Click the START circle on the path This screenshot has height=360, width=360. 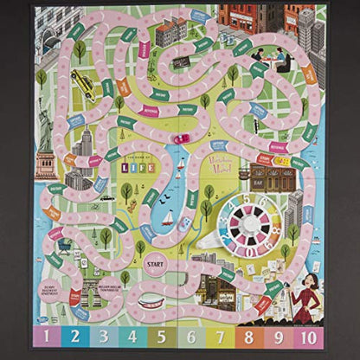tap(155, 262)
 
